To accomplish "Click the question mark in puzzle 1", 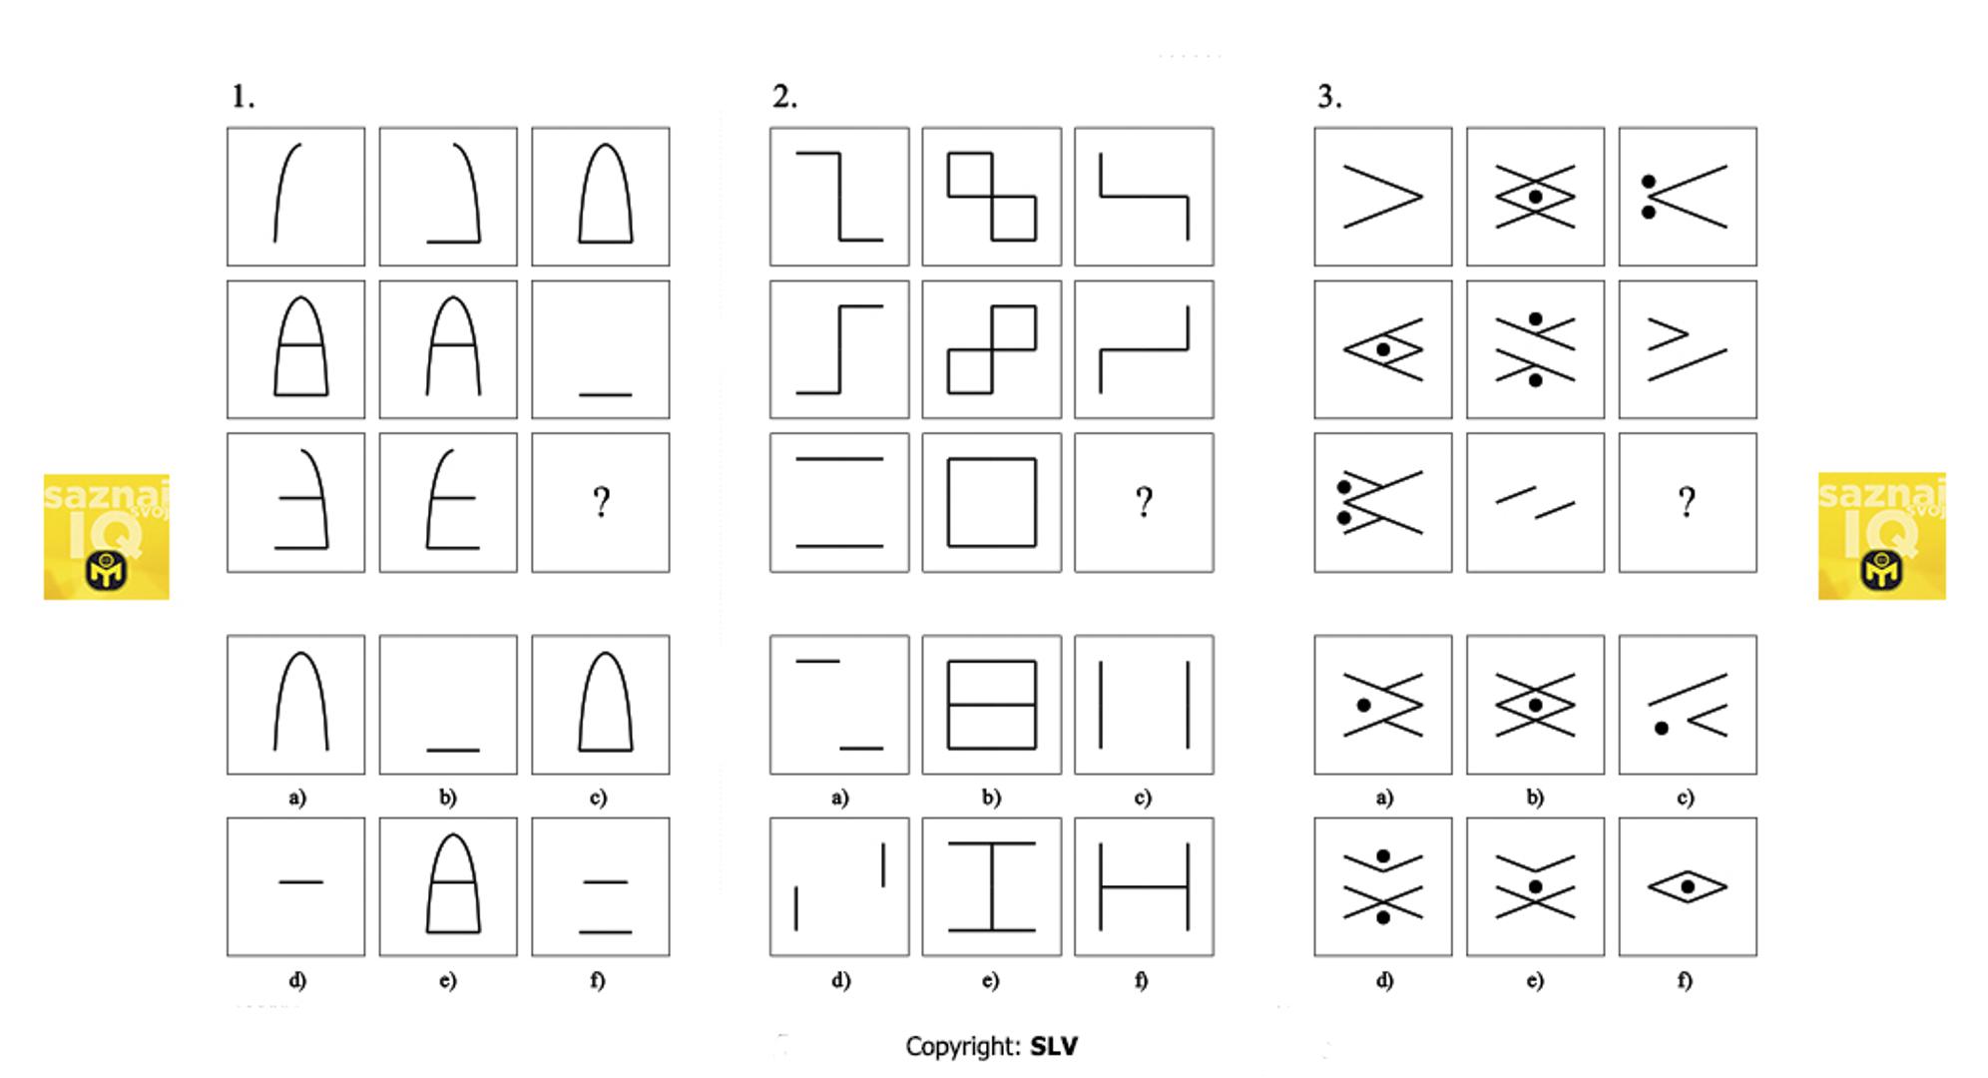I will point(601,502).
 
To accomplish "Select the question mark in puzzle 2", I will point(1144,502).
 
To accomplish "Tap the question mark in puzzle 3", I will point(1687,502).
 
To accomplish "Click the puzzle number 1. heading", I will point(243,97).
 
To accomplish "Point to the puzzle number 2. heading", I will point(784,97).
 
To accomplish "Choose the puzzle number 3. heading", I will point(1329,97).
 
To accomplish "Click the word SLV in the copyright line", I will point(1054,1046).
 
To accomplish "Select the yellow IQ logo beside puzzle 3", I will point(1881,536).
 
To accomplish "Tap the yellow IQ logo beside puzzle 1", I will point(106,536).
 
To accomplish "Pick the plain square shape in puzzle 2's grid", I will point(991,502).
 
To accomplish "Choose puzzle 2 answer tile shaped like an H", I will point(1144,886).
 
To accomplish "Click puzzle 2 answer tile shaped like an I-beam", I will point(991,886).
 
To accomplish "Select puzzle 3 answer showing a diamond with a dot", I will point(1687,886).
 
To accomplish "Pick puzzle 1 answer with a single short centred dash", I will point(296,886).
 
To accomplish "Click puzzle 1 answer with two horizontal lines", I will point(601,886).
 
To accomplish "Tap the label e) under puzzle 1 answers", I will point(448,980).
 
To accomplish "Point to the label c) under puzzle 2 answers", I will point(1143,798).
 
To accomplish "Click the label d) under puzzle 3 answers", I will point(1383,980).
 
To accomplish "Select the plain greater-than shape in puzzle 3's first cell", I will point(1382,197).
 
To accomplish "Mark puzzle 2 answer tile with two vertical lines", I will point(1144,705).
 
